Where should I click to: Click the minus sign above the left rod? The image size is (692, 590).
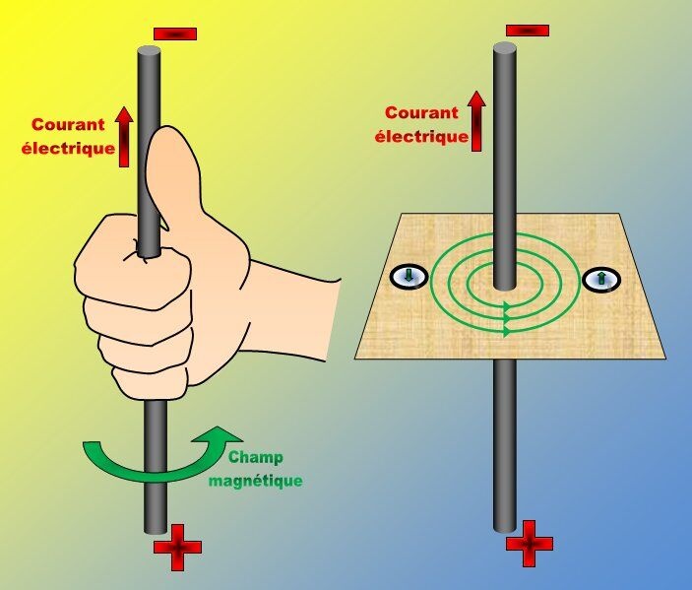tap(175, 34)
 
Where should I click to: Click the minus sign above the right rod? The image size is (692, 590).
tap(528, 31)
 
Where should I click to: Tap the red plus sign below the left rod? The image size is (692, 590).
tap(177, 548)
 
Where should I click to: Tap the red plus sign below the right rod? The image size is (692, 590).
tap(530, 544)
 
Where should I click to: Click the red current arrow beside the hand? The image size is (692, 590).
tap(124, 137)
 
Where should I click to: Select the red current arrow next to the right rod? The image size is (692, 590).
tap(476, 121)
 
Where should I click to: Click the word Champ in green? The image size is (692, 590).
tap(256, 457)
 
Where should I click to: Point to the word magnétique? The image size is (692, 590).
tap(256, 481)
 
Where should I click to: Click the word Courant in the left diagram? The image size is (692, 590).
tap(68, 124)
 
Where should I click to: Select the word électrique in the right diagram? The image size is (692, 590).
tap(421, 136)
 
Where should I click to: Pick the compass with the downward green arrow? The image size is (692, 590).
tap(409, 277)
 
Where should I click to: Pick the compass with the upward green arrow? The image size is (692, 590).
tap(601, 280)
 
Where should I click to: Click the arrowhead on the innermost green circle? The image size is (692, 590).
tap(507, 305)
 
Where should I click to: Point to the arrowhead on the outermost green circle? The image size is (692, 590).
tap(507, 331)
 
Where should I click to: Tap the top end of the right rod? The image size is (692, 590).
tap(505, 47)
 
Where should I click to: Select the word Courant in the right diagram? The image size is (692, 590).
tap(421, 113)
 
